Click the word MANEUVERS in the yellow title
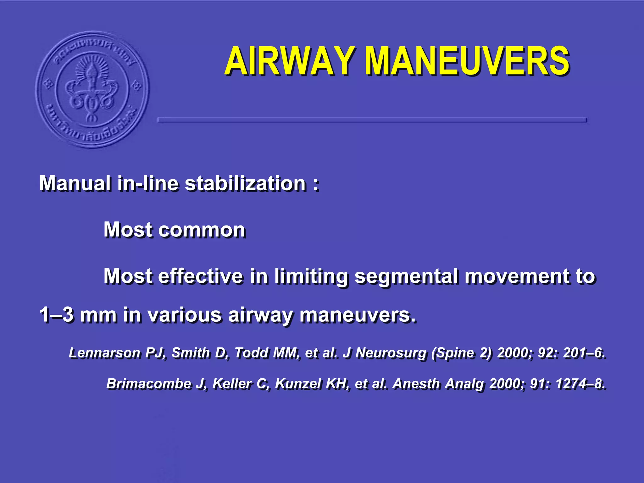coord(468,61)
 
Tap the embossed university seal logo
coord(92,89)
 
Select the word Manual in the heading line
coord(75,183)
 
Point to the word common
coord(202,230)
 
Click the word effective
coord(200,276)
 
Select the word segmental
coord(406,277)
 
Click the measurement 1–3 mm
coord(78,315)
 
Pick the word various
coord(185,315)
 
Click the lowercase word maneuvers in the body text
coord(358,315)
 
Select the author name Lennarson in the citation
coord(104,353)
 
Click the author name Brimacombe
coord(149,384)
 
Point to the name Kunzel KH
coord(312,384)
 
